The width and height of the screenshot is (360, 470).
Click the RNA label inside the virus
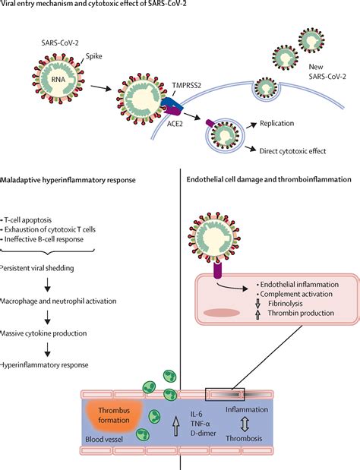(x=58, y=80)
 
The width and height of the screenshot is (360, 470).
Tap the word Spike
(x=94, y=56)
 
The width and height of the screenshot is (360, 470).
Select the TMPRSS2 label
(x=186, y=85)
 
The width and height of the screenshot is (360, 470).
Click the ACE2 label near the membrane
(x=175, y=124)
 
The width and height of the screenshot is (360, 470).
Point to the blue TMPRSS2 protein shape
(x=173, y=104)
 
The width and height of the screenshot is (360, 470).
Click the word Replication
(x=277, y=123)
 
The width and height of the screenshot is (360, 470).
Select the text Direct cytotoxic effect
(x=292, y=151)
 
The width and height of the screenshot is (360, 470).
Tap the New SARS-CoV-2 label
(x=327, y=71)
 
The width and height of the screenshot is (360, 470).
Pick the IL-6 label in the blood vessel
(x=197, y=414)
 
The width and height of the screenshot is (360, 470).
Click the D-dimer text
(x=204, y=433)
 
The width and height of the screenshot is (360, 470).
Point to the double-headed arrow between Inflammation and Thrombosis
(x=245, y=424)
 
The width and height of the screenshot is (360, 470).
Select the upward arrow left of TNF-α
(x=175, y=425)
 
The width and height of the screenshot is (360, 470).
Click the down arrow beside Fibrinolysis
(x=257, y=304)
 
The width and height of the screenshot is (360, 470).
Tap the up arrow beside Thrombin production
(x=257, y=314)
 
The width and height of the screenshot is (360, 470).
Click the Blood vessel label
(x=104, y=440)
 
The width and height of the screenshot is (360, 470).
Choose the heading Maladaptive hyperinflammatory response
(x=68, y=180)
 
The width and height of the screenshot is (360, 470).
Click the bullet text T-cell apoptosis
(x=27, y=220)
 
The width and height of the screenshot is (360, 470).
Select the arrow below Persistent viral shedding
(x=47, y=285)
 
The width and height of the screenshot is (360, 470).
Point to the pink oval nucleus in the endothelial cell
(x=222, y=313)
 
